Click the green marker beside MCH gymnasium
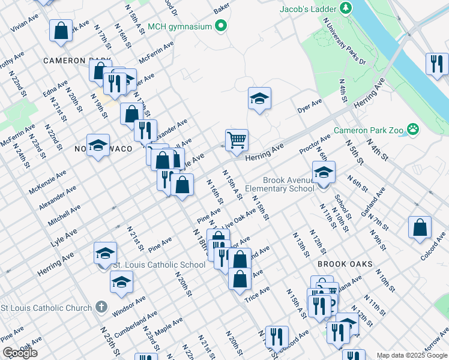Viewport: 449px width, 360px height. pos(221,26)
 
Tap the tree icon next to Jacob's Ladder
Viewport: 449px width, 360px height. pos(346,8)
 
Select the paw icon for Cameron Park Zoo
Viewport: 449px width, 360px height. pos(412,129)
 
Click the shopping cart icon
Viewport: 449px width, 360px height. pos(237,140)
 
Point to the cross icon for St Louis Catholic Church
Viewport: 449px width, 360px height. pos(101,307)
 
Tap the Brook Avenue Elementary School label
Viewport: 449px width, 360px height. pos(288,184)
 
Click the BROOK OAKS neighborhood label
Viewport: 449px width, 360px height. pos(345,264)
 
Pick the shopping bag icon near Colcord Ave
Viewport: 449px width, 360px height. pos(420,227)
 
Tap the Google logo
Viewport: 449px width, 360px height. pos(20,353)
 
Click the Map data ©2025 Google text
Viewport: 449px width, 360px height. pos(411,355)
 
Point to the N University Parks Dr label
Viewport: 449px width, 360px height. pos(345,41)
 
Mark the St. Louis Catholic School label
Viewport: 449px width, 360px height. pos(160,265)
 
